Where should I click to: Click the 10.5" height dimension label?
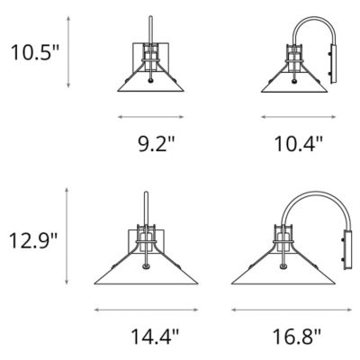tap(35, 52)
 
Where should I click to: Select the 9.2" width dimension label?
tap(156, 143)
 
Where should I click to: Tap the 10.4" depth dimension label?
tap(299, 143)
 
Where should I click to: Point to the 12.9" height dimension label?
tap(33, 240)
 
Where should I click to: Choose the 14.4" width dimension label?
tap(155, 336)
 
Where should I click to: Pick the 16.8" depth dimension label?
tap(297, 336)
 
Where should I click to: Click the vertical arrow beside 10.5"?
tap(68, 52)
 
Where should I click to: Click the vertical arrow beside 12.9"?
tap(67, 236)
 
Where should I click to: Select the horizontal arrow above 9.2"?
tap(150, 117)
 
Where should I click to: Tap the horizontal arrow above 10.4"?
tap(299, 117)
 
